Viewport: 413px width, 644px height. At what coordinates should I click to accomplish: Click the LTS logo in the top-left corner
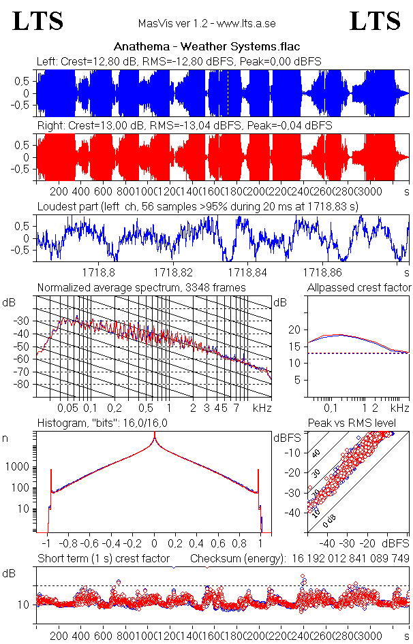[x=38, y=21]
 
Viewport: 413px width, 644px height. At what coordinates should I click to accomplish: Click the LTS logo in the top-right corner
[x=375, y=21]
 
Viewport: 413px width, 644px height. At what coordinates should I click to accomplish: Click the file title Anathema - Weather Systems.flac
[x=206, y=47]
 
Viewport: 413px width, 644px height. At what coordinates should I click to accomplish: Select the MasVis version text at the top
[x=206, y=24]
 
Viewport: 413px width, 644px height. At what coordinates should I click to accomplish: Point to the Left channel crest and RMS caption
[x=179, y=61]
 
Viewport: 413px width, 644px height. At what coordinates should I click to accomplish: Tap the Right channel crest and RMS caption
[x=184, y=126]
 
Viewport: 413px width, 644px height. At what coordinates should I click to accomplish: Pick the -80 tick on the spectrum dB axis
[x=24, y=385]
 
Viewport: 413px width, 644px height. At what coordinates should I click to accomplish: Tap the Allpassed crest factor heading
[x=359, y=288]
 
